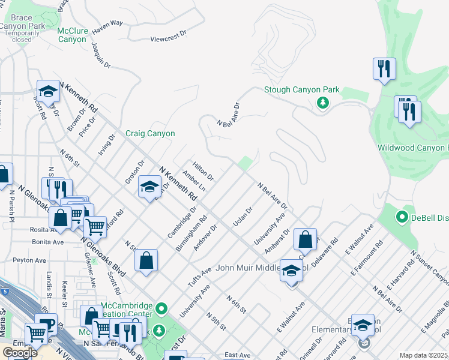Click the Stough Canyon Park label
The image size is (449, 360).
302,90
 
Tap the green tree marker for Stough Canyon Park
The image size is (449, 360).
324,104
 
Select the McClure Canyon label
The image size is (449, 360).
72,35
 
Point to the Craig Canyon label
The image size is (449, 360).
150,134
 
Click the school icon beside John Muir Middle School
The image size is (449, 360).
291,271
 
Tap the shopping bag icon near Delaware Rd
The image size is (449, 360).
305,239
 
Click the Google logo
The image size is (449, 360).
20,352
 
